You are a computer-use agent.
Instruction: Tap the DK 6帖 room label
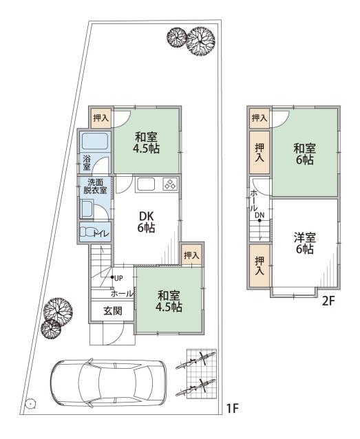tap(146, 222)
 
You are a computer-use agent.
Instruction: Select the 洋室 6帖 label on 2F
tap(304, 244)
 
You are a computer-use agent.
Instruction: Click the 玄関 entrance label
tap(113, 310)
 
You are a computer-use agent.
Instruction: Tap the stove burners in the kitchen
tap(170, 184)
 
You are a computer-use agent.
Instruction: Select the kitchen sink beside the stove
tap(146, 184)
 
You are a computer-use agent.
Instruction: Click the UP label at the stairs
tap(118, 278)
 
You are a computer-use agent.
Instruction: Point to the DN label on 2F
tap(260, 215)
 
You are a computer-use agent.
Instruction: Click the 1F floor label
tap(232, 409)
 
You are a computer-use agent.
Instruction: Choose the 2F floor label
tap(328, 301)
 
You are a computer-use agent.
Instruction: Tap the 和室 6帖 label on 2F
tap(304, 153)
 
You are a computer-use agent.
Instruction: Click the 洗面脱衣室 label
tap(95, 186)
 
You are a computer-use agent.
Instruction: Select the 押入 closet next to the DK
tap(191, 255)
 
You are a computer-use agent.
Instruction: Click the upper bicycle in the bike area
tap(195, 361)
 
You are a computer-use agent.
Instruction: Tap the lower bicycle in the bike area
tap(195, 388)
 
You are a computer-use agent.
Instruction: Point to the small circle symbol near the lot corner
tap(29, 403)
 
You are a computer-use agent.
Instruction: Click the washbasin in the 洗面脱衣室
tap(87, 209)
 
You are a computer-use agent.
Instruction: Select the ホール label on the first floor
tap(122, 294)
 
